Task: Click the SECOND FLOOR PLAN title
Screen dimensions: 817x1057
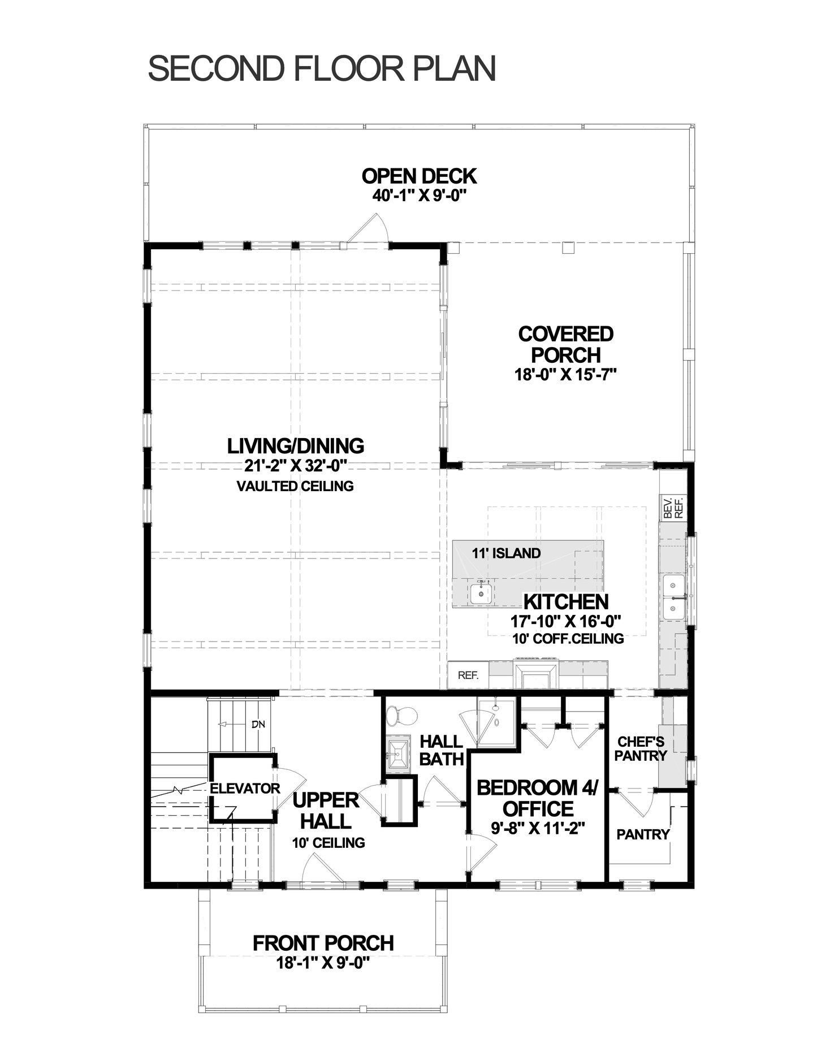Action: (322, 68)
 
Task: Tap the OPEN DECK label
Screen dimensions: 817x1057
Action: (419, 176)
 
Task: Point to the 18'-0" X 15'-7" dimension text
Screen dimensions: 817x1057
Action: (565, 375)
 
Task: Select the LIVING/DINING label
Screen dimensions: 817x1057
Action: (296, 446)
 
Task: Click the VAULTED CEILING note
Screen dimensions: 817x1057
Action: (295, 486)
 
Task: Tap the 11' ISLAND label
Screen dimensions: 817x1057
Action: (507, 553)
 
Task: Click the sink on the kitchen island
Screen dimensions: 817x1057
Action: (481, 593)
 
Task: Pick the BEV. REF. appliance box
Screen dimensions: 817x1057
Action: (673, 508)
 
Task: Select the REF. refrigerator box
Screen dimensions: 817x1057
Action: (468, 675)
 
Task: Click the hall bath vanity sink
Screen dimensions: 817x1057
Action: (399, 753)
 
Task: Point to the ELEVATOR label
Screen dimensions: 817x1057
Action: (245, 789)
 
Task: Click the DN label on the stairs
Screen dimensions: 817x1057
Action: (258, 725)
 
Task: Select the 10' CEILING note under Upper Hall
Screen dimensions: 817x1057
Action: (328, 843)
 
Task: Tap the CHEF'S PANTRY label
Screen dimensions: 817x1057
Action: (641, 748)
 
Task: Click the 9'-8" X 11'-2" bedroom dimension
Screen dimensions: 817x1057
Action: (537, 828)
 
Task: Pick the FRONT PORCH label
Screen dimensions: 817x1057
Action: (323, 943)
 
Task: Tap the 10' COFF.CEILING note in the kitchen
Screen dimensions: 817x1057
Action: (568, 639)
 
